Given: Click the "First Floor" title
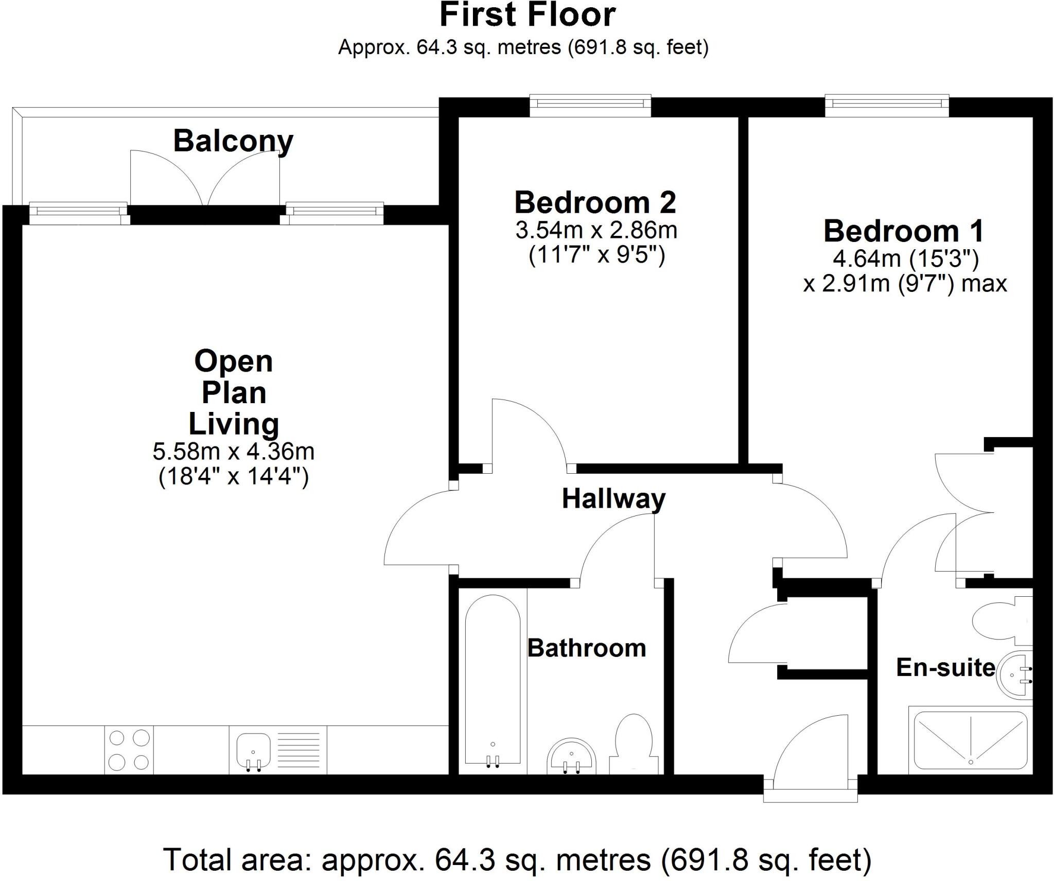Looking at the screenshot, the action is (528, 15).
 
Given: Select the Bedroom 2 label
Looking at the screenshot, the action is (595, 202).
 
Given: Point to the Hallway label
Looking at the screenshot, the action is (613, 498).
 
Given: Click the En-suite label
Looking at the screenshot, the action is (946, 667).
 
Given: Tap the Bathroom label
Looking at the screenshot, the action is (587, 648).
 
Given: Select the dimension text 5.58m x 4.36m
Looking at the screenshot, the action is (233, 452).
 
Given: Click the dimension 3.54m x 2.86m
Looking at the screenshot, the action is (596, 230).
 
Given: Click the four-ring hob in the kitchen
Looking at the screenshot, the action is (129, 750).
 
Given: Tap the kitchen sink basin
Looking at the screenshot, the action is (254, 752).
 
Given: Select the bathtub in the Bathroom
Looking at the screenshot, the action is (493, 682).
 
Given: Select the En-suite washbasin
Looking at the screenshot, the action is (1014, 676).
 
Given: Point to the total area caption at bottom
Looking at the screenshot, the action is (517, 859).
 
